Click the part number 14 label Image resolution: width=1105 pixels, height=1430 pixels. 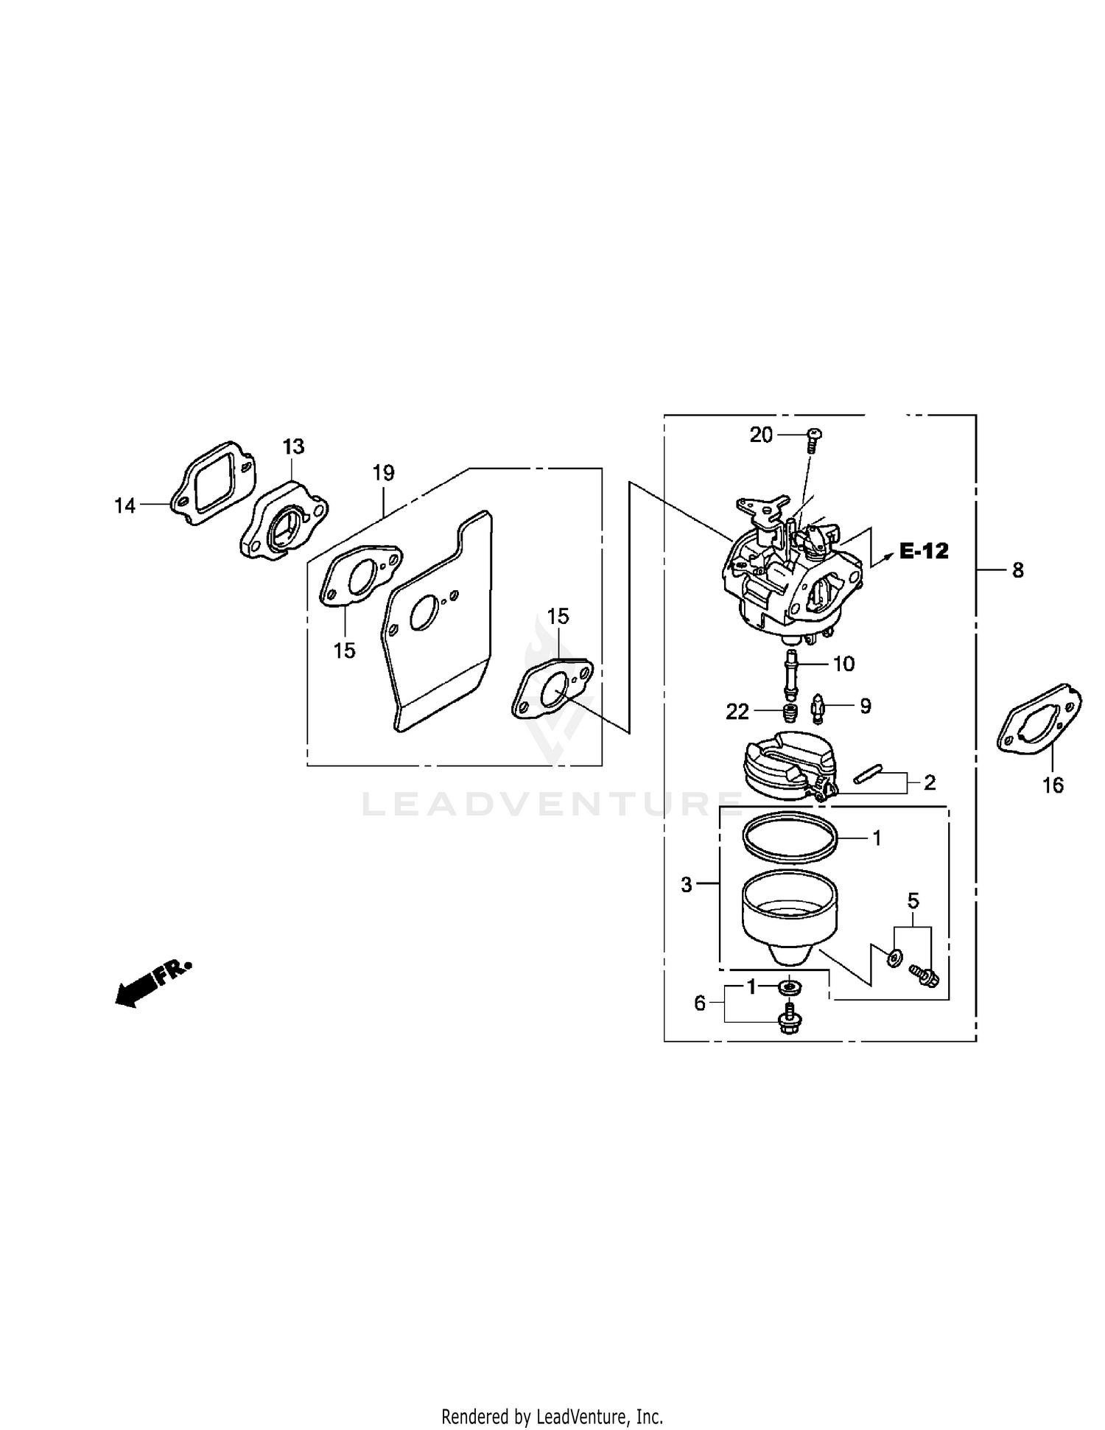pyautogui.click(x=124, y=505)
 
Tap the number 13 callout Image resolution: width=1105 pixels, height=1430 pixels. pyautogui.click(x=293, y=446)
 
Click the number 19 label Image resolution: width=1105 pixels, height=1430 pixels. pyautogui.click(x=383, y=473)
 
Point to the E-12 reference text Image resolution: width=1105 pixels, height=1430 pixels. pyautogui.click(x=924, y=551)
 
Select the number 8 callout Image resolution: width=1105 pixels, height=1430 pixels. pyautogui.click(x=1017, y=569)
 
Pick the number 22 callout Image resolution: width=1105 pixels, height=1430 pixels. pyautogui.click(x=737, y=712)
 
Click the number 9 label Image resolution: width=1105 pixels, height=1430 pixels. pyautogui.click(x=866, y=707)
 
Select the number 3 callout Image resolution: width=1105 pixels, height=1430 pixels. pyautogui.click(x=687, y=885)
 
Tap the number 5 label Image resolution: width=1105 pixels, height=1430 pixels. pyautogui.click(x=913, y=901)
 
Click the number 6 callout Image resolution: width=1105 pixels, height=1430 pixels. pyautogui.click(x=700, y=1003)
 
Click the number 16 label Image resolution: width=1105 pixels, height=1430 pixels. pyautogui.click(x=1053, y=785)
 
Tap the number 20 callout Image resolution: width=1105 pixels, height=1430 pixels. pyautogui.click(x=762, y=435)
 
